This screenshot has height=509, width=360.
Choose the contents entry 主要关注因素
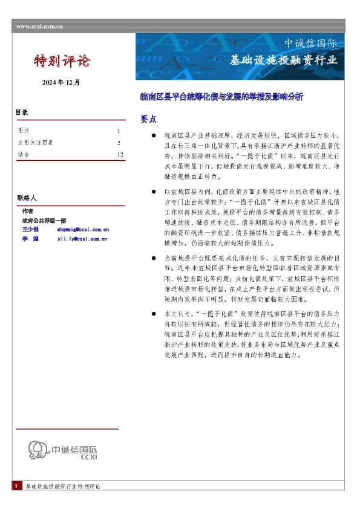pyautogui.click(x=36, y=143)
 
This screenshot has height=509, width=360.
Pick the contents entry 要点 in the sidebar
pyautogui.click(x=24, y=131)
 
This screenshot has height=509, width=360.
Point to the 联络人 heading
pyautogui.click(x=27, y=198)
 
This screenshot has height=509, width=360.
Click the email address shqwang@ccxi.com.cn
pyautogui.click(x=82, y=230)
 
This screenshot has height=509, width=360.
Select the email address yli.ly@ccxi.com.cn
pyautogui.click(x=82, y=239)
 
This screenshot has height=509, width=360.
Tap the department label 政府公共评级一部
pyautogui.click(x=44, y=221)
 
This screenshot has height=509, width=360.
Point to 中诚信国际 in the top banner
pyautogui.click(x=310, y=44)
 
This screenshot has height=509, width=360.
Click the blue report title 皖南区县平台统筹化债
pyautogui.click(x=221, y=96)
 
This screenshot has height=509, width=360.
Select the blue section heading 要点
pyautogui.click(x=148, y=119)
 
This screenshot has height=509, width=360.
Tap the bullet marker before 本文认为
pyautogui.click(x=155, y=314)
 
